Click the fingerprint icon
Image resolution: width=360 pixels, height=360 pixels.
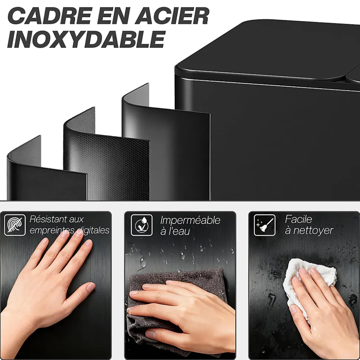tap(15, 225)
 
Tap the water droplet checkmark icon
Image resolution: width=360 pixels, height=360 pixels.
tap(142, 225)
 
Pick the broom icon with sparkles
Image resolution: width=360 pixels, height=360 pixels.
tap(265, 225)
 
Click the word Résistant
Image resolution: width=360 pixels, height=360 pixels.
tap(56, 219)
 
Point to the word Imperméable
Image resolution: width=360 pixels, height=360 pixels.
tap(190, 220)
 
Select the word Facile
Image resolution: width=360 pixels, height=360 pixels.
tap(298, 219)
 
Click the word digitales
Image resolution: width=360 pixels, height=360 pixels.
tap(93, 231)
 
